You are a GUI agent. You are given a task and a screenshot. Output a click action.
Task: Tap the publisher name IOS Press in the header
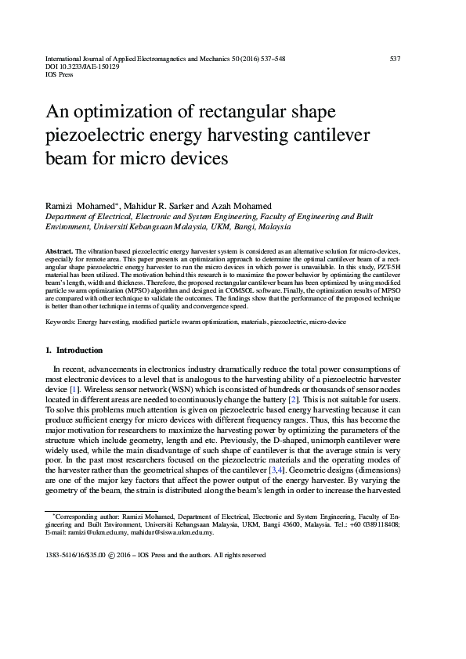[60, 77]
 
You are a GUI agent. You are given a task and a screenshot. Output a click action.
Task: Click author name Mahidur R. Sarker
[150, 204]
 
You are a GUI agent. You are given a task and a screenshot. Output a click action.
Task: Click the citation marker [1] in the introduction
[74, 388]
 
